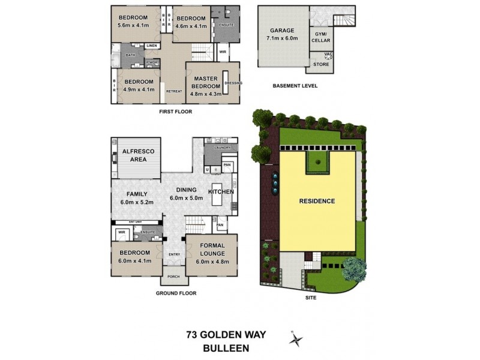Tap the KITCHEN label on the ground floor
click(220, 191)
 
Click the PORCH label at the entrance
click(173, 277)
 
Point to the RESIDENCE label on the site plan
click(317, 202)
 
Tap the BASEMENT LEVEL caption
click(294, 86)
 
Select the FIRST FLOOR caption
click(175, 112)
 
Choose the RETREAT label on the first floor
click(173, 91)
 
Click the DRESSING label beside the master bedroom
click(231, 83)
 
